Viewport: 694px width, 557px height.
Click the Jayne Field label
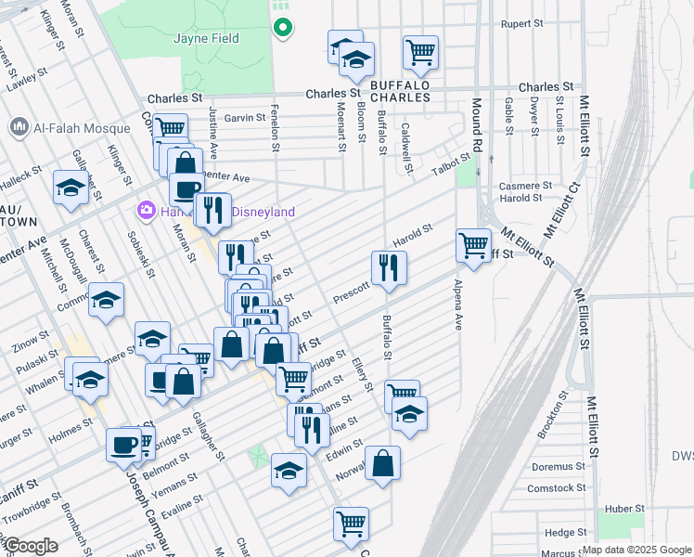coord(206,38)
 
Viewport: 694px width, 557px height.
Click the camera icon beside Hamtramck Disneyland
coord(147,211)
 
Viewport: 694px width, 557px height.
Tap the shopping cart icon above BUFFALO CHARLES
coord(420,52)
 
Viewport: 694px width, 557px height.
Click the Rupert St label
coord(520,23)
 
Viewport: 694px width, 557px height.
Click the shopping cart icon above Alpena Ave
coord(473,245)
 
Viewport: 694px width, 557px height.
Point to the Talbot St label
coord(453,167)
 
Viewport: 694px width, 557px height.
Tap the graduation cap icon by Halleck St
coord(71,188)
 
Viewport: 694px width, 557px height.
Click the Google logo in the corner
coord(31,546)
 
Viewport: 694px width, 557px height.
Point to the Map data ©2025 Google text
coord(636,550)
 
